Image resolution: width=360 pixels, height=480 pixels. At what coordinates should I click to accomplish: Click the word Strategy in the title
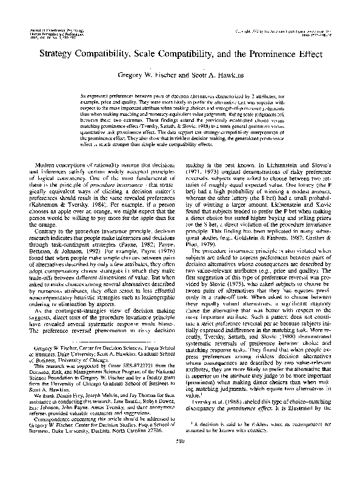tap(64, 53)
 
